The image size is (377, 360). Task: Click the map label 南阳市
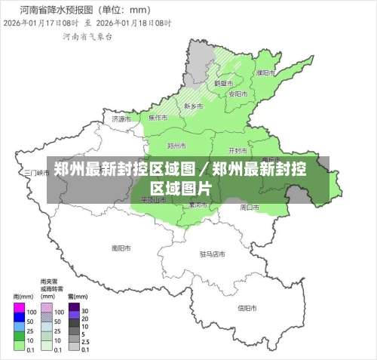click(x=121, y=247)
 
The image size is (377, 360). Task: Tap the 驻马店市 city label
click(x=213, y=254)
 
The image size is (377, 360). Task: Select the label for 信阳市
click(x=248, y=307)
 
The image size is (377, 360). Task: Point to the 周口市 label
click(x=250, y=206)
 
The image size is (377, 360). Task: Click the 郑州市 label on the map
click(x=176, y=145)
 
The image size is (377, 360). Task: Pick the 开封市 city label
click(x=238, y=149)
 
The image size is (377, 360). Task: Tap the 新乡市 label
click(x=194, y=106)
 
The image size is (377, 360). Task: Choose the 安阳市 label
click(x=238, y=94)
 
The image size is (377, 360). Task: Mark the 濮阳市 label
click(x=265, y=73)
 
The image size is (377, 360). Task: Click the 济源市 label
click(x=121, y=118)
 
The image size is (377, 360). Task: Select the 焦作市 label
click(x=158, y=118)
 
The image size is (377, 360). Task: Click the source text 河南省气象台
click(x=84, y=36)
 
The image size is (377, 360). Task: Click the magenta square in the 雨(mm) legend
click(x=19, y=310)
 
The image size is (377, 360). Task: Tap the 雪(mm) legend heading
click(x=75, y=297)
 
